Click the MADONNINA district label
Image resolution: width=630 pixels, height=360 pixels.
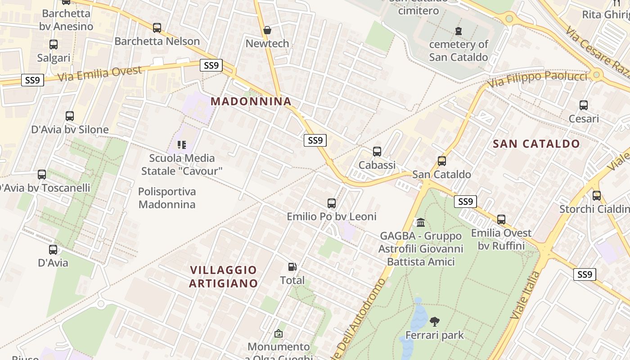251,101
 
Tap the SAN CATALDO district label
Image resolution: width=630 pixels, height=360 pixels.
536,144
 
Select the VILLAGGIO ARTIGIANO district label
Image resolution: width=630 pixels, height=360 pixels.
224,276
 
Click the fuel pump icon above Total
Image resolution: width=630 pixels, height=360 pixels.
292,267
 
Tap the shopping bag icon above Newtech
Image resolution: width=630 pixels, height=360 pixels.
267,30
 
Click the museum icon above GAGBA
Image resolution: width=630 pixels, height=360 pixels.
421,222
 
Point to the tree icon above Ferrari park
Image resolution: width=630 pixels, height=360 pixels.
435,322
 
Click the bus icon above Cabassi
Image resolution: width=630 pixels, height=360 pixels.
377,152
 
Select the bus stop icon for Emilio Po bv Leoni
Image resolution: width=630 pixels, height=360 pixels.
332,203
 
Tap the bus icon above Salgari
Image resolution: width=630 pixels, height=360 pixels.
54,45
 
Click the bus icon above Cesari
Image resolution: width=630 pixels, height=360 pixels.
584,105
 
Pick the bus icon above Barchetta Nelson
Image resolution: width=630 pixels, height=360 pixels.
157,28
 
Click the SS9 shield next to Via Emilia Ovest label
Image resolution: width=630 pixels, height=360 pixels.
211,66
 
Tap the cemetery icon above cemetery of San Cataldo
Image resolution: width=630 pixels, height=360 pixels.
459,31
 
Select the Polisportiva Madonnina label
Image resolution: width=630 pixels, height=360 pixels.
167,198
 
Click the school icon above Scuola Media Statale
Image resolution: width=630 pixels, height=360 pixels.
182,145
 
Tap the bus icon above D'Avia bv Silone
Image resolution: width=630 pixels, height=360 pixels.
70,116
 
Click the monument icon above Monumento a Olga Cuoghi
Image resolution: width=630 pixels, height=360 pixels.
279,333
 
